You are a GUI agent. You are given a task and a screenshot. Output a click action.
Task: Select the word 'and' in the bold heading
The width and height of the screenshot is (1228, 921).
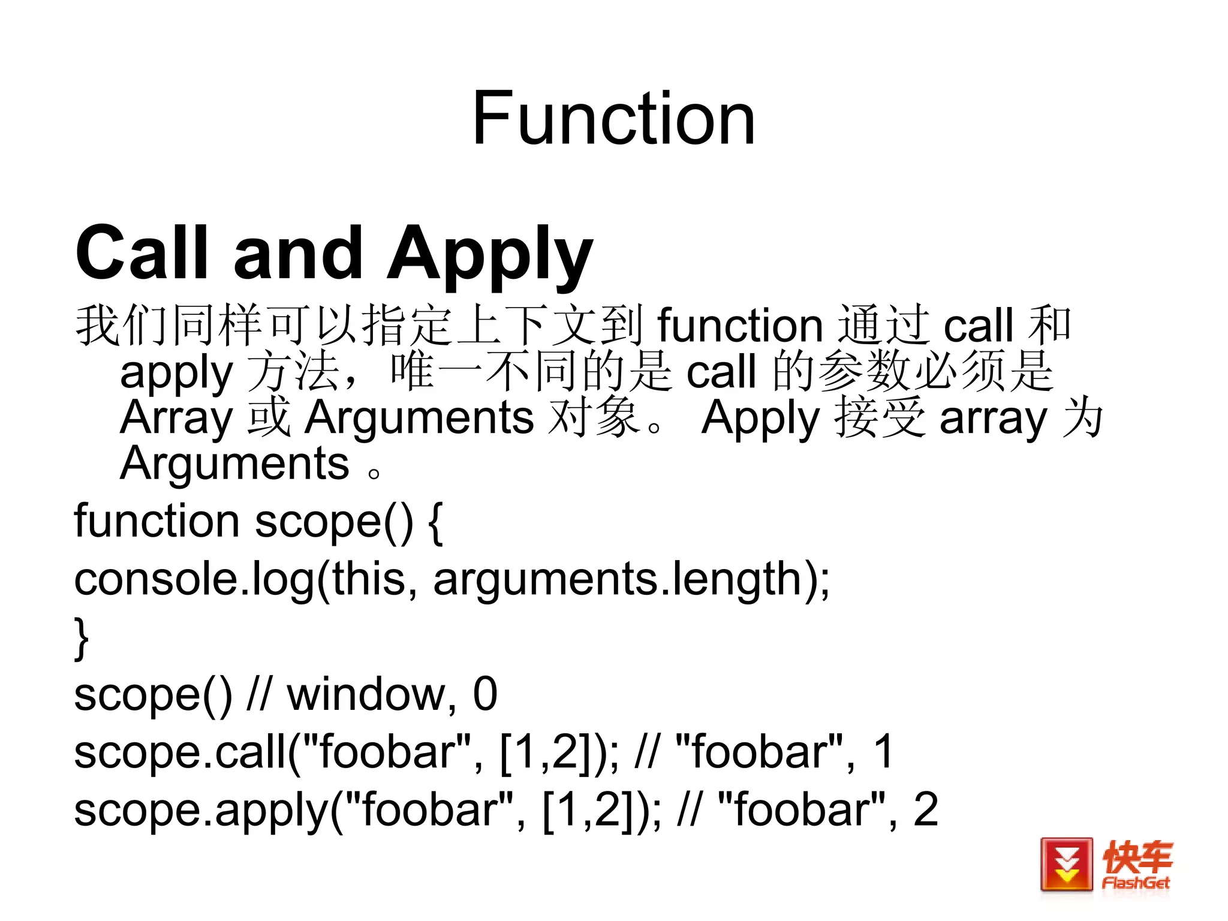[298, 253]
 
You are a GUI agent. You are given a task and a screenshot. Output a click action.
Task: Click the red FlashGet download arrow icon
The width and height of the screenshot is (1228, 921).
[1066, 865]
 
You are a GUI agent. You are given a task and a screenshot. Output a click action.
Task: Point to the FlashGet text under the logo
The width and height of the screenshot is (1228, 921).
[1136, 883]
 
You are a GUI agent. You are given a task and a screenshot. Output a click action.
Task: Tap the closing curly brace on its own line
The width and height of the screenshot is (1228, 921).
[81, 638]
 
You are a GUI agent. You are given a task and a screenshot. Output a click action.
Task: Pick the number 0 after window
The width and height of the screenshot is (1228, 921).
[485, 694]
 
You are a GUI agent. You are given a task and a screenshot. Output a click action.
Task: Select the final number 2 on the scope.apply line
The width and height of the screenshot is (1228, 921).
[925, 809]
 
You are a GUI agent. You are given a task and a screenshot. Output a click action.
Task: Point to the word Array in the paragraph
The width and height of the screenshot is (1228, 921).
[176, 418]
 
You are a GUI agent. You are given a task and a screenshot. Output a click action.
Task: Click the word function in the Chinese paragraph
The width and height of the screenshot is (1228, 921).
[740, 326]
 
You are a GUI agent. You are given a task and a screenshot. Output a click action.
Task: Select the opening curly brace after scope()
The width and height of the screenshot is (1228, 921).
[436, 522]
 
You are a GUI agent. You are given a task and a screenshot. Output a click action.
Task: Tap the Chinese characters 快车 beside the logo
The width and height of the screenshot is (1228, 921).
[1137, 857]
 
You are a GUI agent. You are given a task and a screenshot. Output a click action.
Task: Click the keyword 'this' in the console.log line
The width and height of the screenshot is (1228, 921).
[369, 579]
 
